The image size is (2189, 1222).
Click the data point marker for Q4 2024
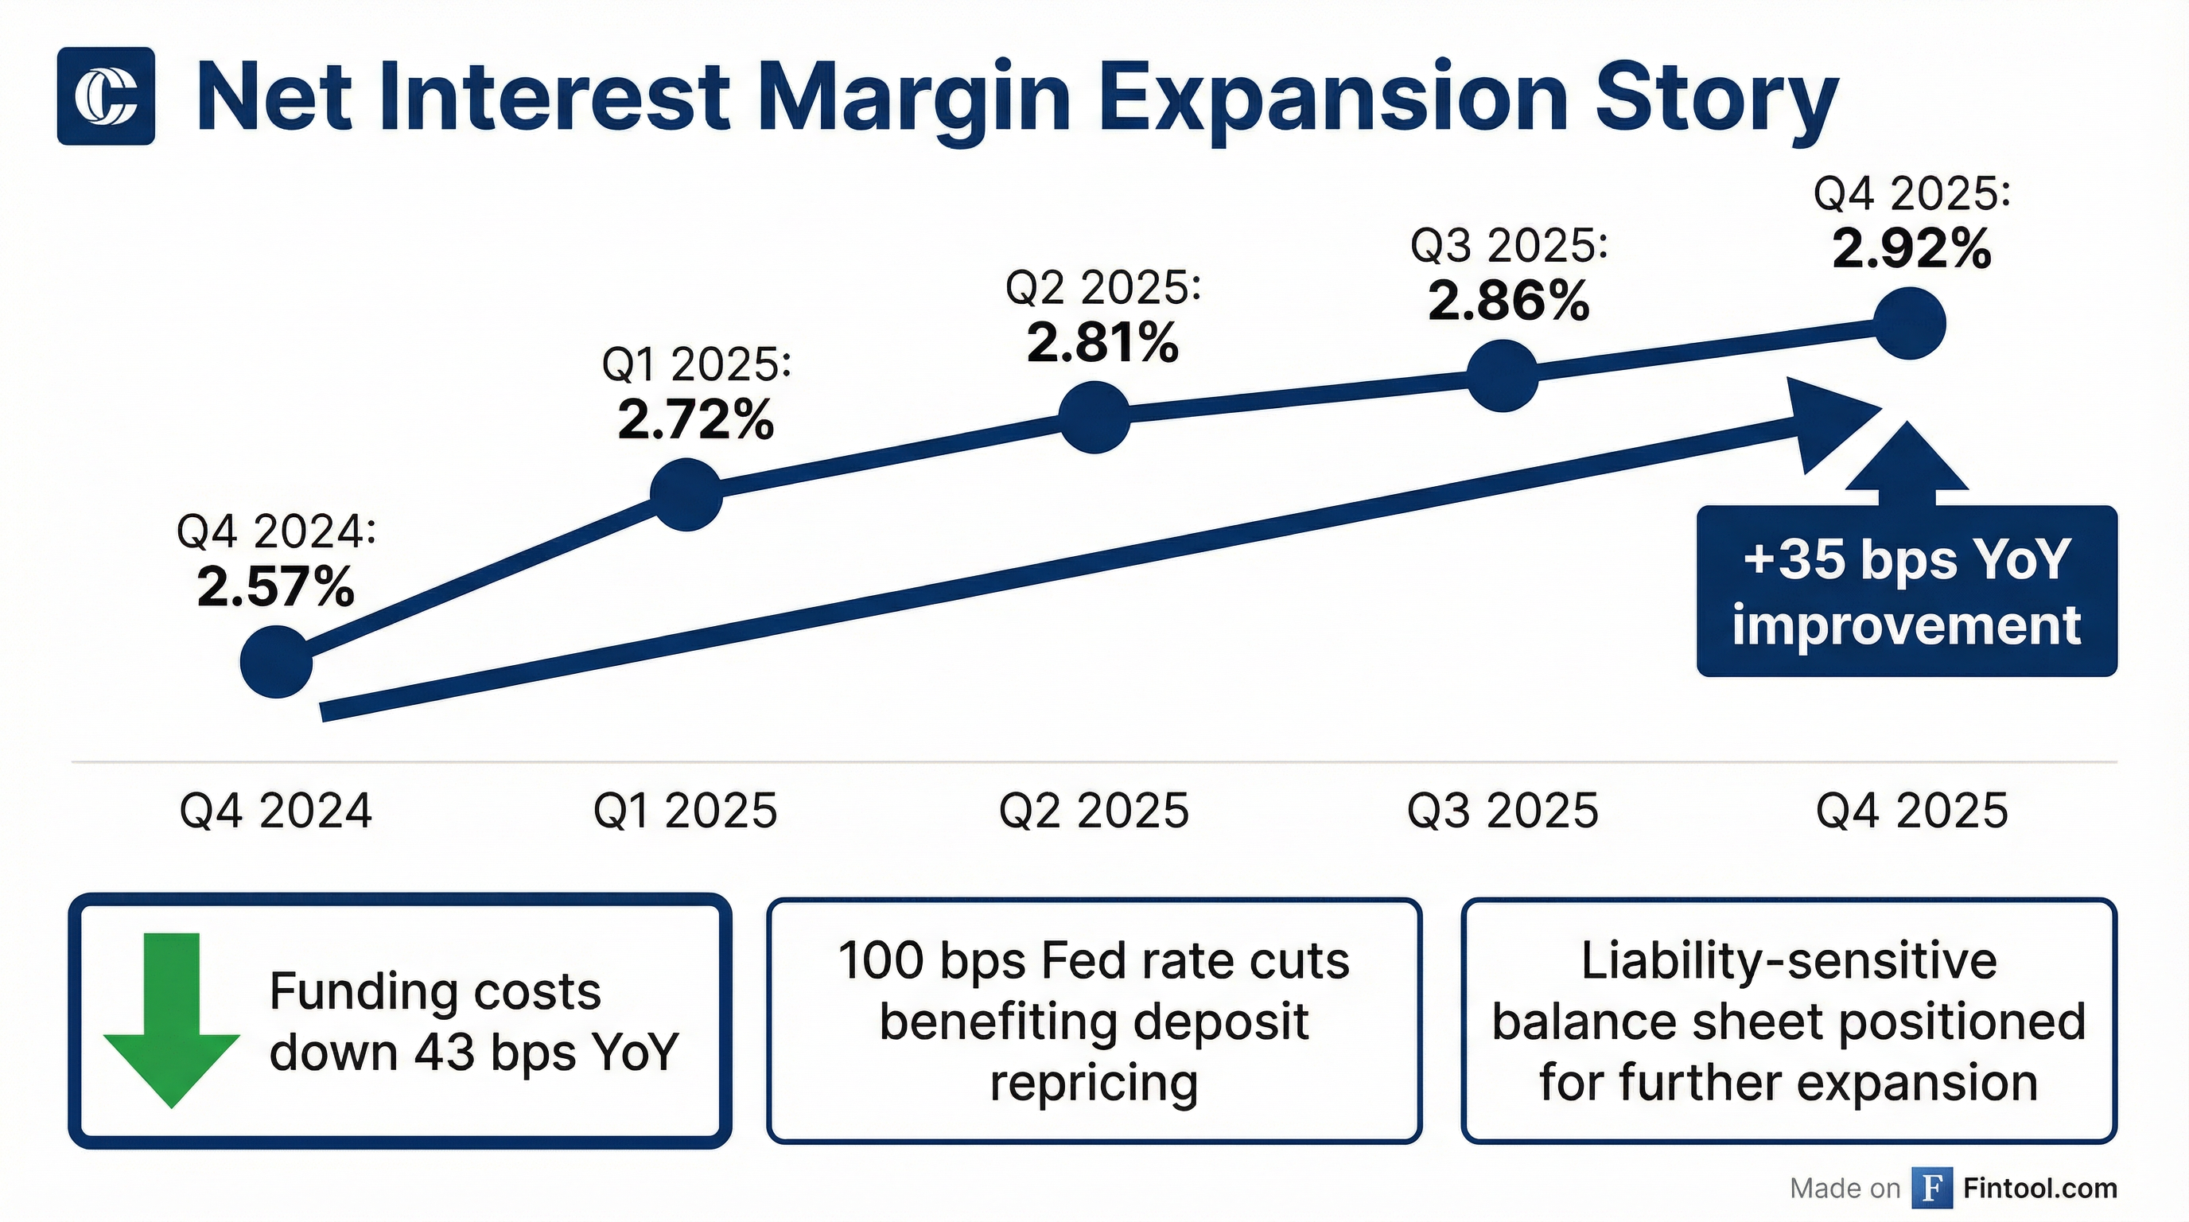[276, 661]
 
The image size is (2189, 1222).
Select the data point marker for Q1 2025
[686, 495]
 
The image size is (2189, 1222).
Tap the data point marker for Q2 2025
[1095, 416]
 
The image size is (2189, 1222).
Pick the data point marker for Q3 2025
[1503, 376]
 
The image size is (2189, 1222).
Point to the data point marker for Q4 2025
[1910, 324]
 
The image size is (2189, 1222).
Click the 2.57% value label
[275, 587]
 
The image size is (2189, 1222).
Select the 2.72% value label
[696, 420]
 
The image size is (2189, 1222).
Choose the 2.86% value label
[1508, 301]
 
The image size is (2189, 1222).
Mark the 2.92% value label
[1911, 249]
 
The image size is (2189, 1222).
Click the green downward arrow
[172, 1020]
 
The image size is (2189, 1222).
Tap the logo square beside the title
[107, 96]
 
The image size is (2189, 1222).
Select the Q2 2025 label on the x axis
[1094, 811]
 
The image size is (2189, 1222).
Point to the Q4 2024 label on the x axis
[276, 811]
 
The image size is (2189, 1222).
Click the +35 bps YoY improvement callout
[1906, 593]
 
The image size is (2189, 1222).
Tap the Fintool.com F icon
[1930, 1187]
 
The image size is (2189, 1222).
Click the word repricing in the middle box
[1094, 1084]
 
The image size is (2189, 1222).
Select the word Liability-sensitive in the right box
[1789, 961]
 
